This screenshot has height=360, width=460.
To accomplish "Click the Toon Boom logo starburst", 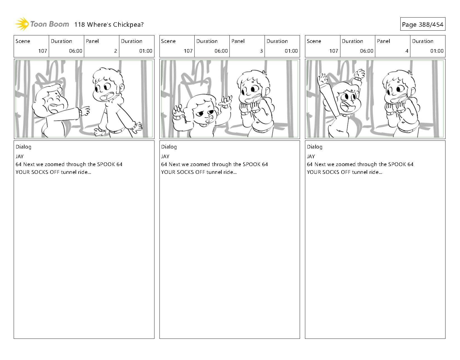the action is [22, 24].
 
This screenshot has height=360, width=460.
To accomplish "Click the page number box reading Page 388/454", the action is [423, 24].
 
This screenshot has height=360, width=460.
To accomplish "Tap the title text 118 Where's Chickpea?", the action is [109, 25].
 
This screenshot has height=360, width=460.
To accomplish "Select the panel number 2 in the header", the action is [116, 51].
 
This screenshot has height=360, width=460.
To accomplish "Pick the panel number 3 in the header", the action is [261, 51].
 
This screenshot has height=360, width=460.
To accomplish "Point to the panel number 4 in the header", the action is [407, 51].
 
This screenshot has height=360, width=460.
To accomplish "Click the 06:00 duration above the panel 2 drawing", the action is [76, 51].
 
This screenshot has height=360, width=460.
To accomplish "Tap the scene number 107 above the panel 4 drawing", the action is [334, 51].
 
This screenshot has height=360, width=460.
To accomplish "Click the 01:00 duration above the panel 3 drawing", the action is [291, 51].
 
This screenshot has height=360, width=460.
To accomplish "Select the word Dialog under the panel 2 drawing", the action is [23, 147].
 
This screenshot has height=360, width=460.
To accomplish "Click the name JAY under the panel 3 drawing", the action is [165, 157].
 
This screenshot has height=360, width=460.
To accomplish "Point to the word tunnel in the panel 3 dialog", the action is [214, 172].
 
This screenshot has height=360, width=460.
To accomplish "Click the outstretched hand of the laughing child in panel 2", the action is [85, 111].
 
